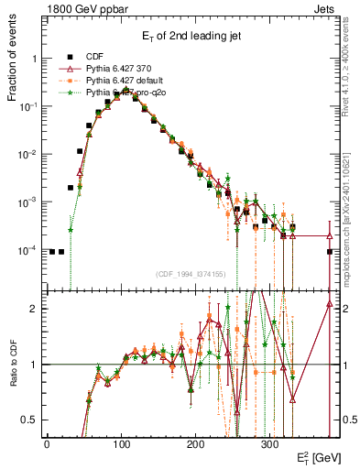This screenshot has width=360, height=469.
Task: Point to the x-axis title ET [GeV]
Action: [314, 455]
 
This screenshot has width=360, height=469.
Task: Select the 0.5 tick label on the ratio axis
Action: [31, 420]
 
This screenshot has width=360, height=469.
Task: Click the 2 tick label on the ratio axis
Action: [36, 309]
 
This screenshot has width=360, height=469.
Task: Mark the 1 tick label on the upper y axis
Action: [36, 59]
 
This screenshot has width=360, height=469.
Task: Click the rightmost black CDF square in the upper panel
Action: [330, 251]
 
